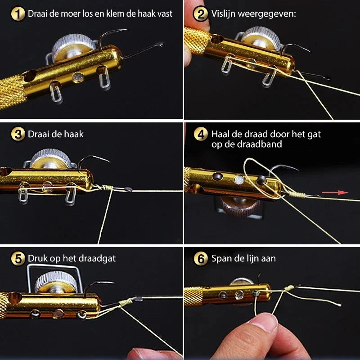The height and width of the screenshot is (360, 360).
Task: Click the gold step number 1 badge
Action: pyautogui.click(x=18, y=14)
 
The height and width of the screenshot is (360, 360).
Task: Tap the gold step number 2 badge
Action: pyautogui.click(x=200, y=14)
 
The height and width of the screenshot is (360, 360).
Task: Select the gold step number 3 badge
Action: pyautogui.click(x=18, y=134)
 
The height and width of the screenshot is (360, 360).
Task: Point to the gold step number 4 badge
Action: pyautogui.click(x=200, y=134)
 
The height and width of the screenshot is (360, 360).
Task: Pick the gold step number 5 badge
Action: pyautogui.click(x=18, y=259)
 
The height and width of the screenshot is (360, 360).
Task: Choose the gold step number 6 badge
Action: pyautogui.click(x=200, y=259)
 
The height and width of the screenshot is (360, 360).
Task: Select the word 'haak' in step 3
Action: pyautogui.click(x=74, y=134)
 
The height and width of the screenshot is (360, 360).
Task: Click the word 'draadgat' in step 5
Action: pyautogui.click(x=100, y=259)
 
